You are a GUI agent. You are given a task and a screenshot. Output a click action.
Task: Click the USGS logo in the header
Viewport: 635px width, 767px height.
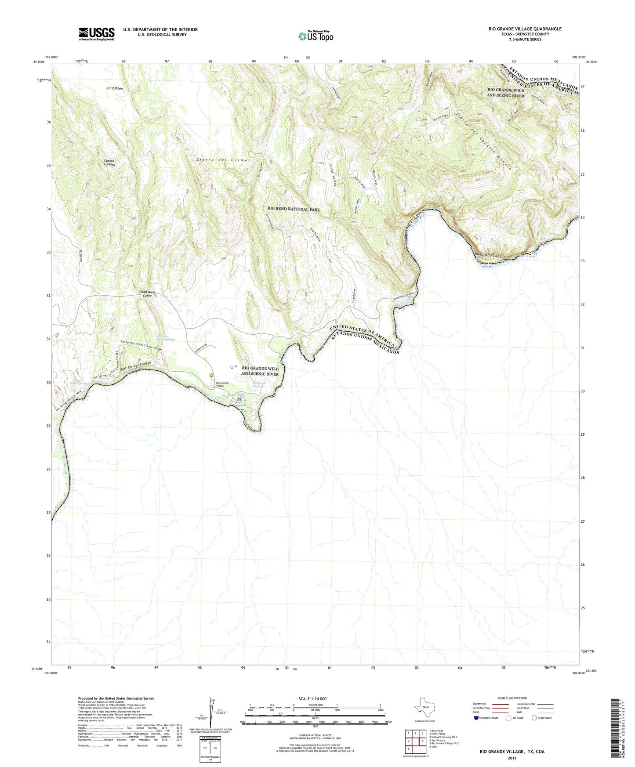[97, 34]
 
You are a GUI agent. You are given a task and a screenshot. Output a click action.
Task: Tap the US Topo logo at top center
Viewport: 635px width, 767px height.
[316, 36]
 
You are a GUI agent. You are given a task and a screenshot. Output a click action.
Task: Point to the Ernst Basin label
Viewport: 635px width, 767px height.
[115, 88]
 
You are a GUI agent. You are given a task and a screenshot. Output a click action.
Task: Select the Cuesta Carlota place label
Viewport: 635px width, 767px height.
[109, 163]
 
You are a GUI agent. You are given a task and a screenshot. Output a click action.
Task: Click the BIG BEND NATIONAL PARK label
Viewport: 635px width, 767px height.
[294, 210]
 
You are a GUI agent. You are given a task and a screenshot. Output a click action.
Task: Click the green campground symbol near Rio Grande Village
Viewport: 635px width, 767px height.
[239, 399]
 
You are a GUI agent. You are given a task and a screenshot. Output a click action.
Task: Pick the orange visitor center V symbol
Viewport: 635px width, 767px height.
[212, 375]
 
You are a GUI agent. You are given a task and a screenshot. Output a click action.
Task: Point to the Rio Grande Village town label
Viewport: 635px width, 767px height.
[222, 384]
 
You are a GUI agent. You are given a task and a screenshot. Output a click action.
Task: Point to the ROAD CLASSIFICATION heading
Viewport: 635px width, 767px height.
[512, 698]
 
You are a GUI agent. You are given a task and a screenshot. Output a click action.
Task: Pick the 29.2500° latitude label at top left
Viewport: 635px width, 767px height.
[39, 62]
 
